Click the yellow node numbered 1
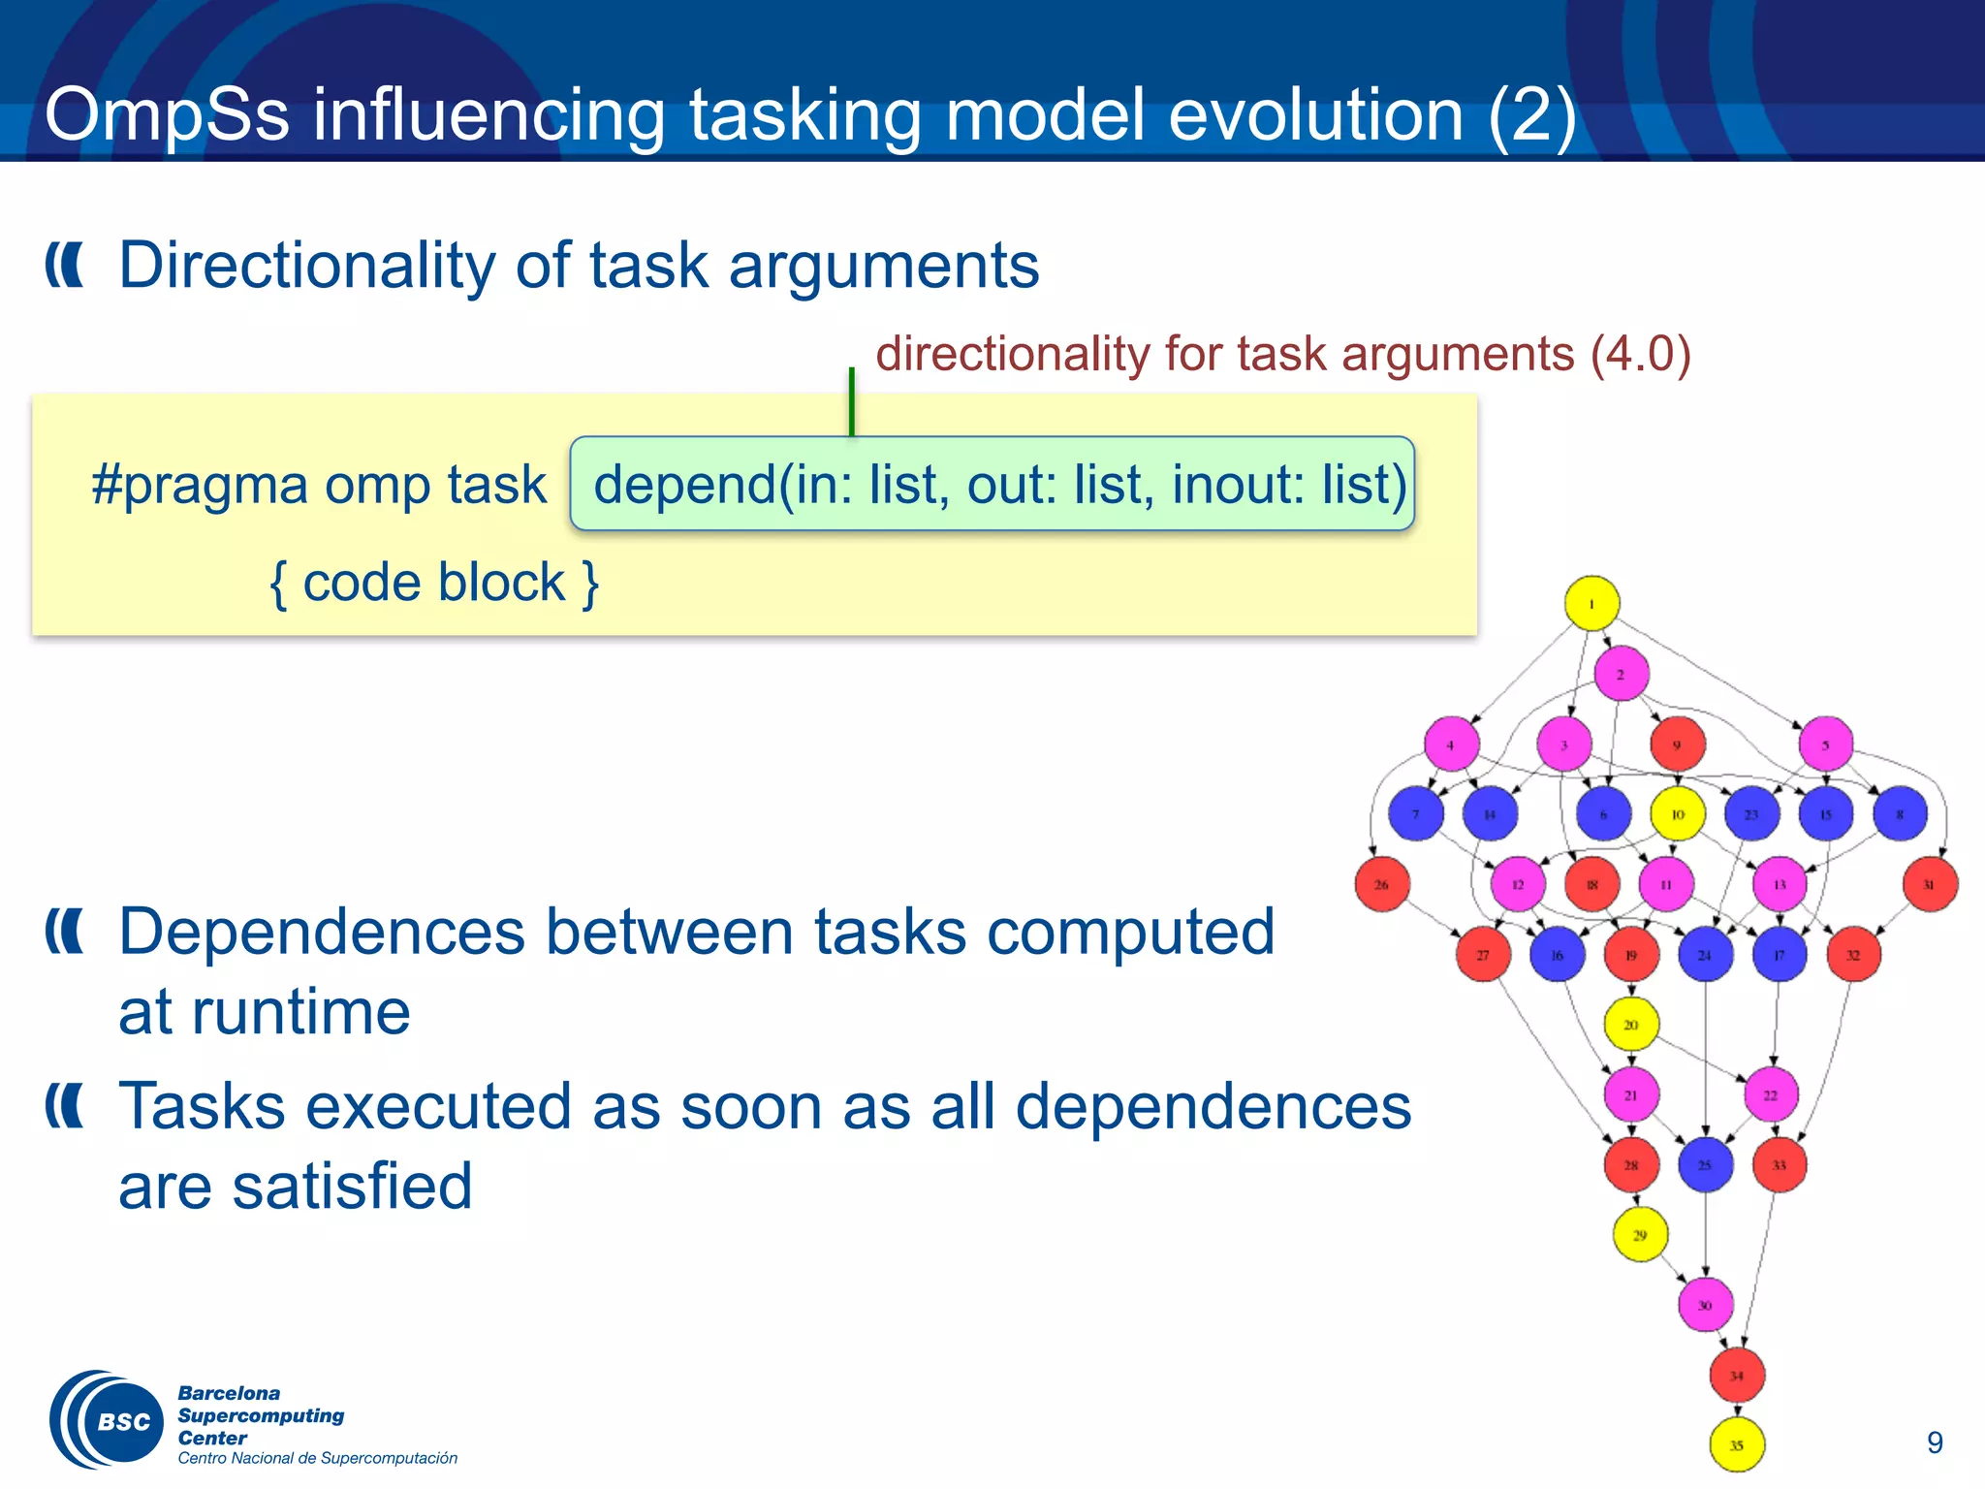(1591, 603)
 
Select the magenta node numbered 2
(1621, 674)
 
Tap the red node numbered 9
(1677, 744)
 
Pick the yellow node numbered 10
(1677, 814)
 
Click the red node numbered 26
(1381, 884)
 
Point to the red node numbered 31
(1929, 884)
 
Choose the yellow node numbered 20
(1631, 1025)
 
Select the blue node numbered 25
(1705, 1165)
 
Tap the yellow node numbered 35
(1736, 1445)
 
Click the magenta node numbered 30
(1705, 1305)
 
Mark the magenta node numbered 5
(1825, 744)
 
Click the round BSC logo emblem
(107, 1420)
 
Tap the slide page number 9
(1935, 1442)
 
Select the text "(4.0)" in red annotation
(1640, 354)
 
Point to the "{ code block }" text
(433, 583)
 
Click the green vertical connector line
(851, 402)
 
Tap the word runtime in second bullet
(264, 1012)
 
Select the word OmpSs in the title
(166, 114)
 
